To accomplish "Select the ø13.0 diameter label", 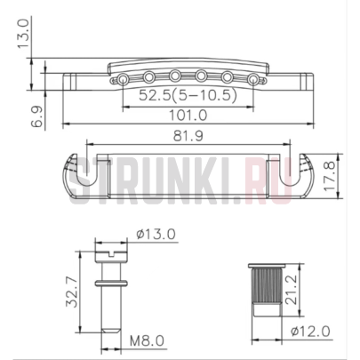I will pyautogui.click(x=156, y=234).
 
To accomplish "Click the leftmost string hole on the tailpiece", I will pyautogui.click(x=117, y=80).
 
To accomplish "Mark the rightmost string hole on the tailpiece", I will pyautogui.click(x=258, y=80).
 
